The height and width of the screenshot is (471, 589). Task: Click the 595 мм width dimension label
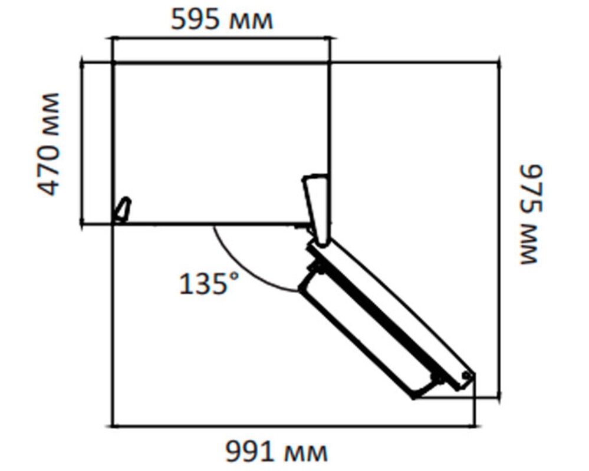click(222, 19)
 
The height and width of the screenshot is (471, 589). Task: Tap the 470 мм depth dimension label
click(49, 144)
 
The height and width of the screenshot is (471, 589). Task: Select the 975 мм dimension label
click(531, 214)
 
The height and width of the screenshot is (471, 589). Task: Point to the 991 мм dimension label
click(277, 452)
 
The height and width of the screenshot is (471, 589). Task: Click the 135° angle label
click(209, 284)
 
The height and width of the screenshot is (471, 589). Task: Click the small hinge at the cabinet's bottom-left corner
click(123, 210)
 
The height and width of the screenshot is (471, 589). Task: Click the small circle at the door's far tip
click(466, 375)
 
